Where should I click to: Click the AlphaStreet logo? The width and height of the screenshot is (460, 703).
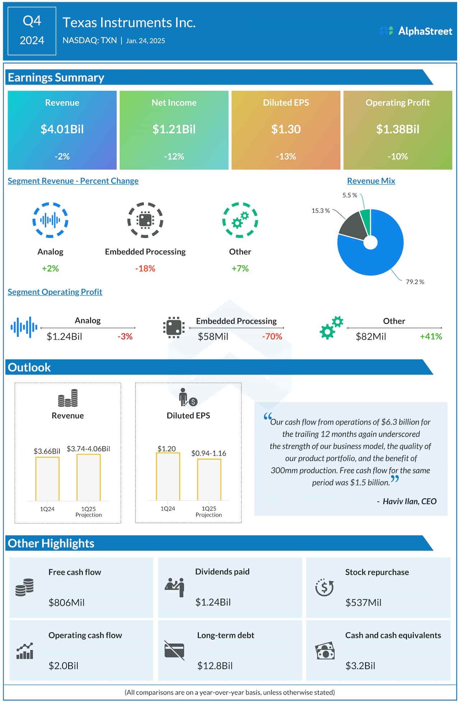click(x=416, y=31)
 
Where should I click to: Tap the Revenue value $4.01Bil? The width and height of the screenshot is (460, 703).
click(x=62, y=129)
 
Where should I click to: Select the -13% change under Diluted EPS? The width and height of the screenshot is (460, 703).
click(x=286, y=157)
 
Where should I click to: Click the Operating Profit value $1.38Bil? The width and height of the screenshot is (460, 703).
click(x=397, y=129)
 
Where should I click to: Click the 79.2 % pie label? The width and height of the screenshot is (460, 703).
click(x=415, y=282)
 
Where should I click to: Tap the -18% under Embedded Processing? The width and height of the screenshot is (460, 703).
click(x=145, y=268)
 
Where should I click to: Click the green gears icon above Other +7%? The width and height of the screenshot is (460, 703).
click(x=240, y=220)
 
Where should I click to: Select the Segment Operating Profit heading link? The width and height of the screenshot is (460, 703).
click(x=55, y=292)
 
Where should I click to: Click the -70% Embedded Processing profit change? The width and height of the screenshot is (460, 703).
click(x=272, y=337)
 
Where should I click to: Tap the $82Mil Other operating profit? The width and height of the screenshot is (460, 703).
click(x=371, y=337)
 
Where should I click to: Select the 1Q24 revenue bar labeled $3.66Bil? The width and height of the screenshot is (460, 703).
click(x=47, y=479)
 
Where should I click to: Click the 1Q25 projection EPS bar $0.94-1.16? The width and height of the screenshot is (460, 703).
click(x=209, y=480)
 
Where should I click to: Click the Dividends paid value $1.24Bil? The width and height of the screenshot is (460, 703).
click(x=213, y=602)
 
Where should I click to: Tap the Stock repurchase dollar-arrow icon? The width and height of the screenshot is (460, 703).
click(x=324, y=587)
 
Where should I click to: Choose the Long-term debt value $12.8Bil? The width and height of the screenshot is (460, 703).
click(x=215, y=666)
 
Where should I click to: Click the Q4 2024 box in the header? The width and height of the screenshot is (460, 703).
click(x=32, y=31)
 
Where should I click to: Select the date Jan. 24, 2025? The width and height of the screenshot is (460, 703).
click(x=145, y=41)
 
